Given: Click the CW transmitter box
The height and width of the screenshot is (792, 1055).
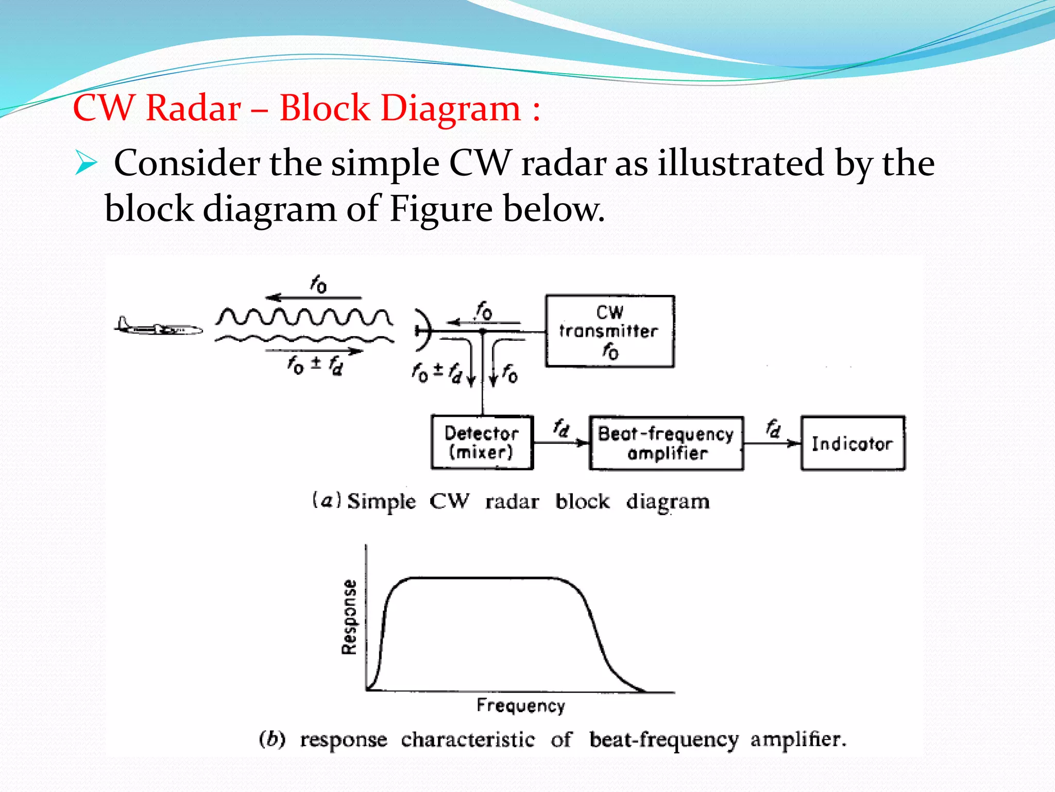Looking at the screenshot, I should pos(610,331).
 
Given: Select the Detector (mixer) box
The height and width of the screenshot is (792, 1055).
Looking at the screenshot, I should pos(482,442).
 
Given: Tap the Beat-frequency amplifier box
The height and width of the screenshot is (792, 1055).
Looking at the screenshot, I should pos(666,443).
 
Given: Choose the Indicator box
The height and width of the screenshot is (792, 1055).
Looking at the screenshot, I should pos(853,443).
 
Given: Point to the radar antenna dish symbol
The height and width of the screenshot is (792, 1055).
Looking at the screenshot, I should pos(422,330).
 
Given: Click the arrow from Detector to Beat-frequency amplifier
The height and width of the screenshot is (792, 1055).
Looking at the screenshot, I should pos(561,442).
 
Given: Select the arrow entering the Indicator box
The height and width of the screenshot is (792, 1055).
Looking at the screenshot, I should pos(773,443).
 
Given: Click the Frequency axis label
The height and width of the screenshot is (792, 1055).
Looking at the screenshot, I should pos(521,705).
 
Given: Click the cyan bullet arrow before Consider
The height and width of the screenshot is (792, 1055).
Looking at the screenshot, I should pos(86,163).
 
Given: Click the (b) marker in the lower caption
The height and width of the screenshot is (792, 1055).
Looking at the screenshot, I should pos(272,739).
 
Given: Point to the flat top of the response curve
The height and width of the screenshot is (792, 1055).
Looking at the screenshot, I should pos(484,579).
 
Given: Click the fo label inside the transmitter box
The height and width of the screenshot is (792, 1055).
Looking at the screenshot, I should pos(611,352).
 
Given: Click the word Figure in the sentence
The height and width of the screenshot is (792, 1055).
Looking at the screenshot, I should pos(441,209).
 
